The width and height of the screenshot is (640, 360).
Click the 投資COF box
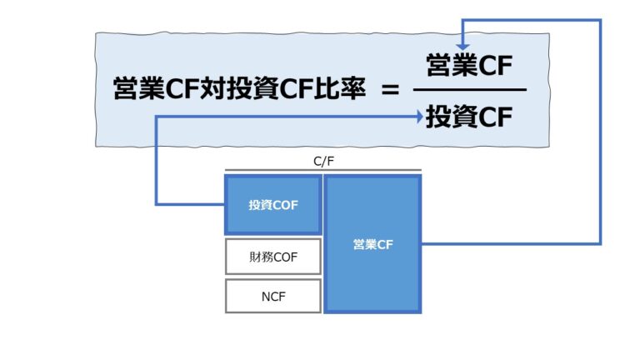[x=272, y=204]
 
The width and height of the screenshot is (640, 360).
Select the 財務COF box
[x=272, y=257]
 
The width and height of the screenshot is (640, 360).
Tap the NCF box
[x=272, y=295]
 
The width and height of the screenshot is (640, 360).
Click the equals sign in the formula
[x=390, y=90]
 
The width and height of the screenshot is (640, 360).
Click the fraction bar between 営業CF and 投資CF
[x=469, y=90]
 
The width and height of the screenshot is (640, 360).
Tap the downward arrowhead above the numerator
[x=463, y=45]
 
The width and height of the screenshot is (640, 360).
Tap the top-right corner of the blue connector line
[x=600, y=18]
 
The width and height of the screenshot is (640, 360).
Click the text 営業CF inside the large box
[x=372, y=244]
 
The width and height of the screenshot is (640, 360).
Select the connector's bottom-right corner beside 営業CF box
[x=600, y=243]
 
